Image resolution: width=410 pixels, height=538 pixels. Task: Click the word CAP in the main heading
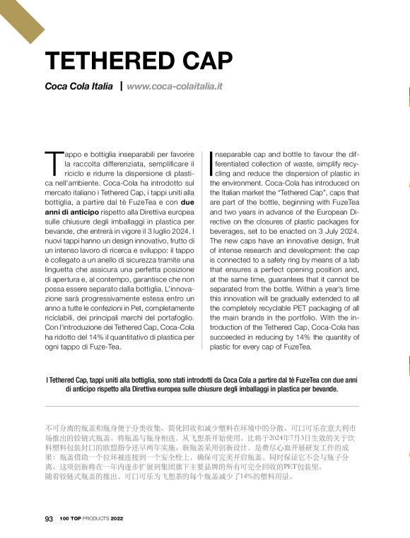tap(206, 62)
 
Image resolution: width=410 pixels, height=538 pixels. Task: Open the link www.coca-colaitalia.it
tap(175, 87)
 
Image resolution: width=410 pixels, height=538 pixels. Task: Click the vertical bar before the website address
tap(121, 86)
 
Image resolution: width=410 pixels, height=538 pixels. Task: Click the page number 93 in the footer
tap(49, 519)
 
